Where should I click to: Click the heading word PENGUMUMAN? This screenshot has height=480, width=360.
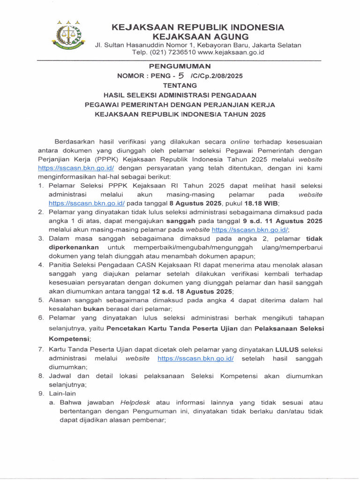pyautogui.click(x=180, y=66)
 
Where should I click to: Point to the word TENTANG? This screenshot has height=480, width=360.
pyautogui.click(x=180, y=85)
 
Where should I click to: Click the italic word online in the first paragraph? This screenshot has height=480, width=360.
pyautogui.click(x=241, y=142)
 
